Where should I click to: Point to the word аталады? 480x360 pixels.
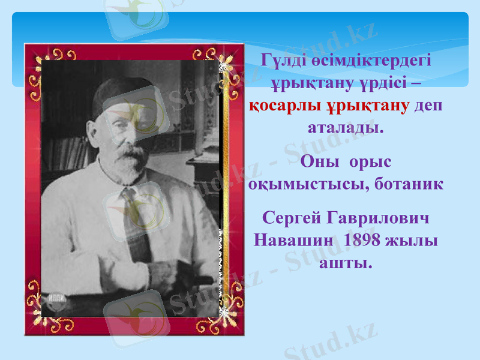pyautogui.click(x=346, y=128)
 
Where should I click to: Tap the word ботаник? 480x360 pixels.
pyautogui.click(x=408, y=184)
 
